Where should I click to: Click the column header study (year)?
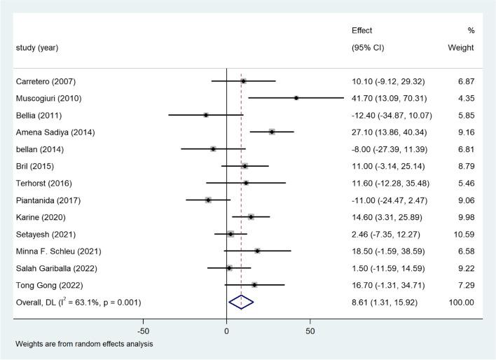click(x=36, y=48)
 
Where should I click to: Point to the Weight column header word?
click(x=460, y=48)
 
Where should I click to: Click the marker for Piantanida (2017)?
click(x=208, y=200)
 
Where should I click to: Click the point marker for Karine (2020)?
click(x=251, y=216)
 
